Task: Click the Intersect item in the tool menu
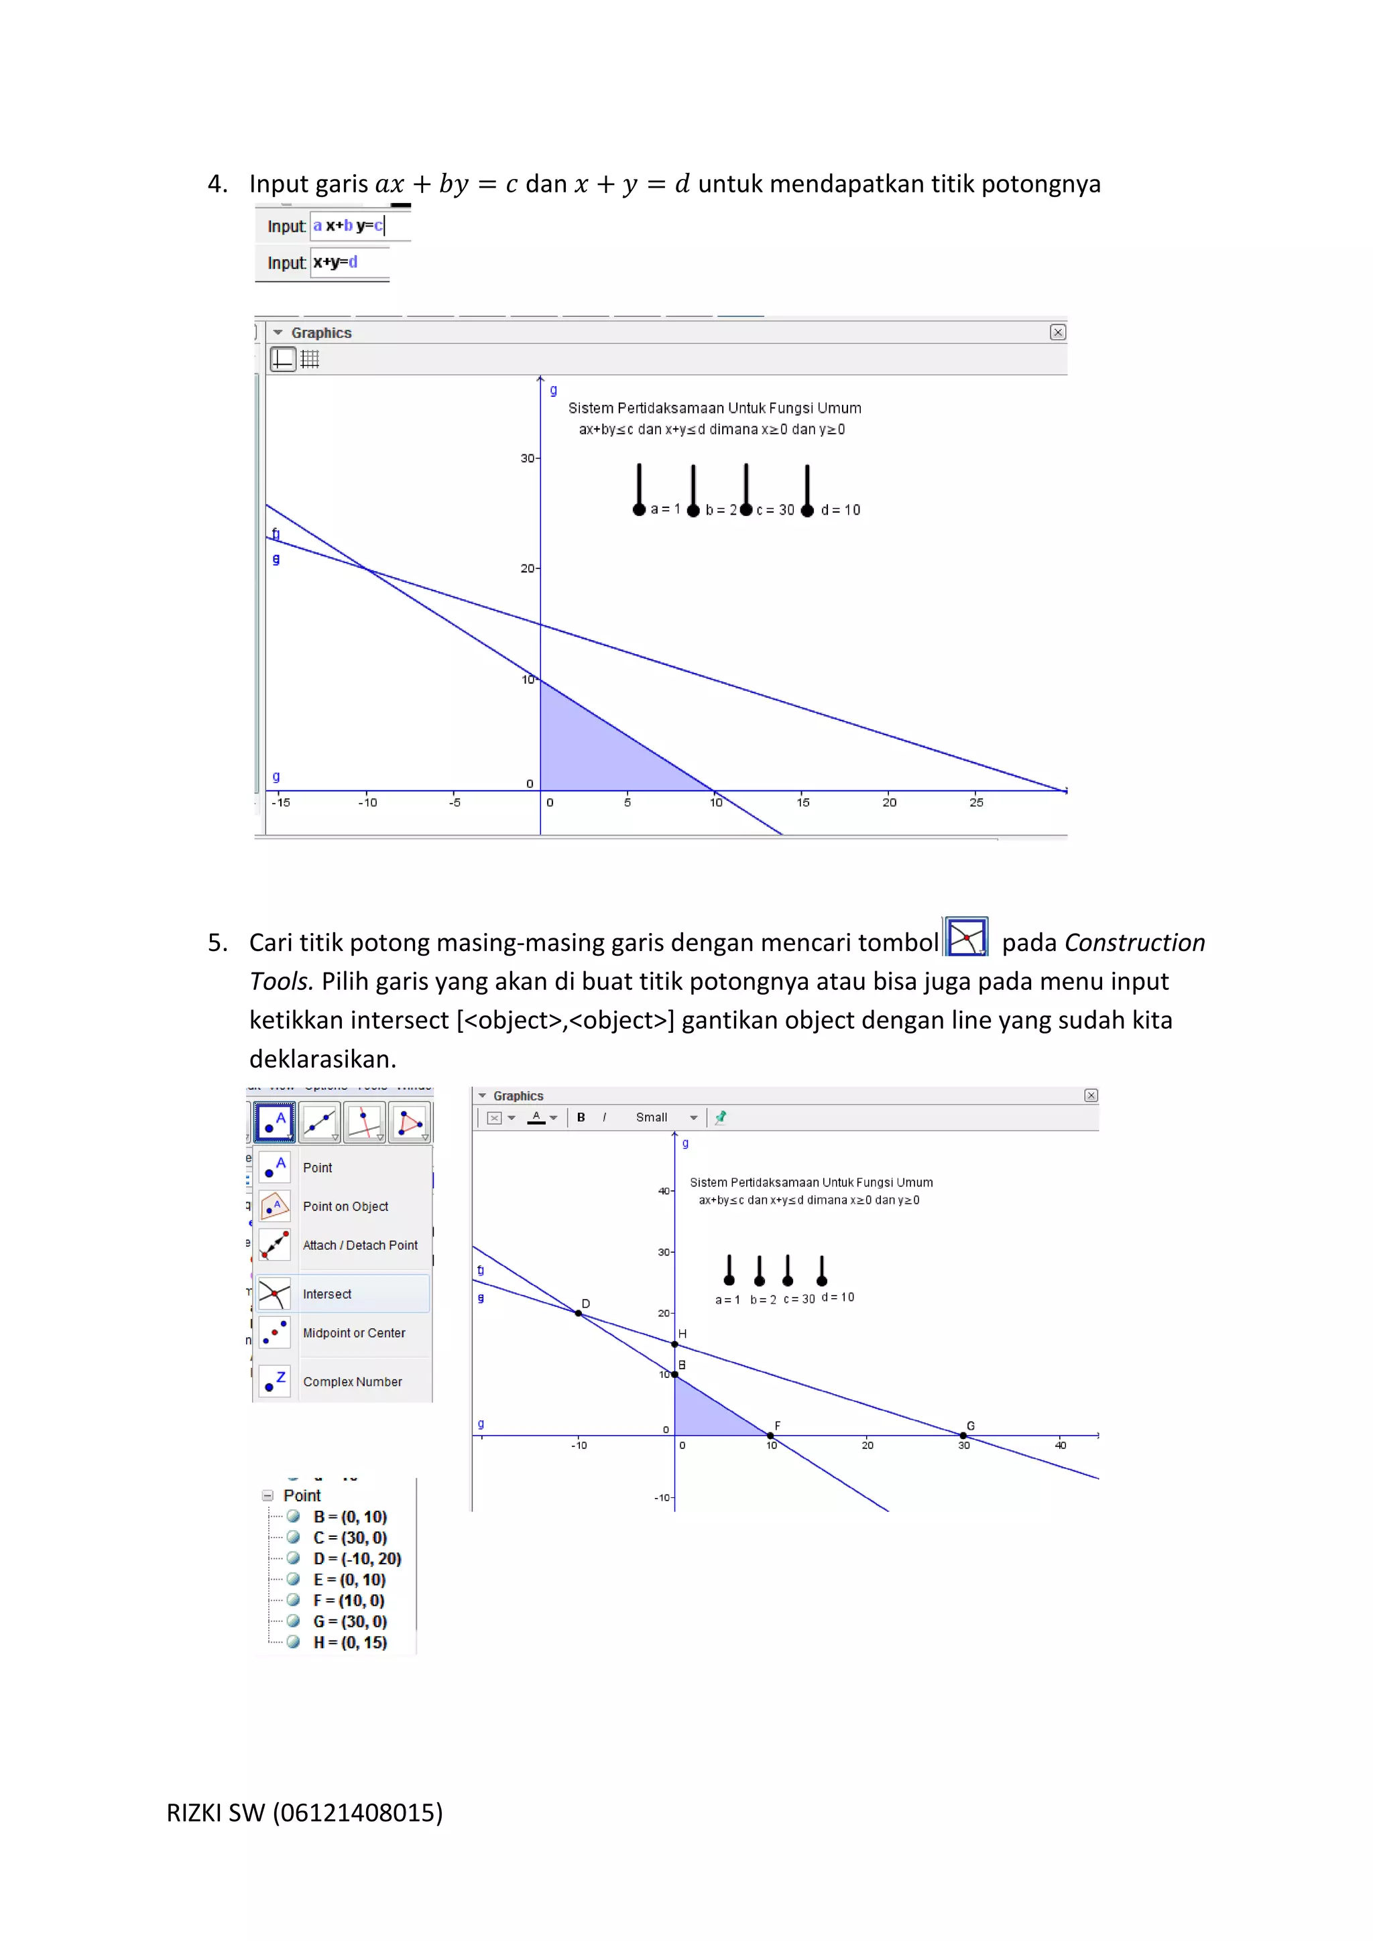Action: pos(326,1294)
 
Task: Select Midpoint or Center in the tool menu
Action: pos(353,1332)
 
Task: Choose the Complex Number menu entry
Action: pos(352,1381)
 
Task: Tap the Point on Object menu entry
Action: pos(345,1206)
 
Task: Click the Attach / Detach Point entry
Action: pos(359,1245)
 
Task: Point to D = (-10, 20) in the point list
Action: pos(357,1558)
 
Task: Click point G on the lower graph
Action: pos(963,1436)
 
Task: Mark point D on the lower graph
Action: pos(579,1313)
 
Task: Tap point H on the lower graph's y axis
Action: pos(674,1344)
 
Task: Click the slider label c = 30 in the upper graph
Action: pos(774,510)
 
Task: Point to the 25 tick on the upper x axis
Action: pos(977,802)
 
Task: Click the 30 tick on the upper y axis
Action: pos(528,458)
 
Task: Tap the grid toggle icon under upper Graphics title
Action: pos(310,359)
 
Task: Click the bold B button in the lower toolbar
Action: pos(581,1117)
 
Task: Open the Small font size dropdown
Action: pos(666,1117)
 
